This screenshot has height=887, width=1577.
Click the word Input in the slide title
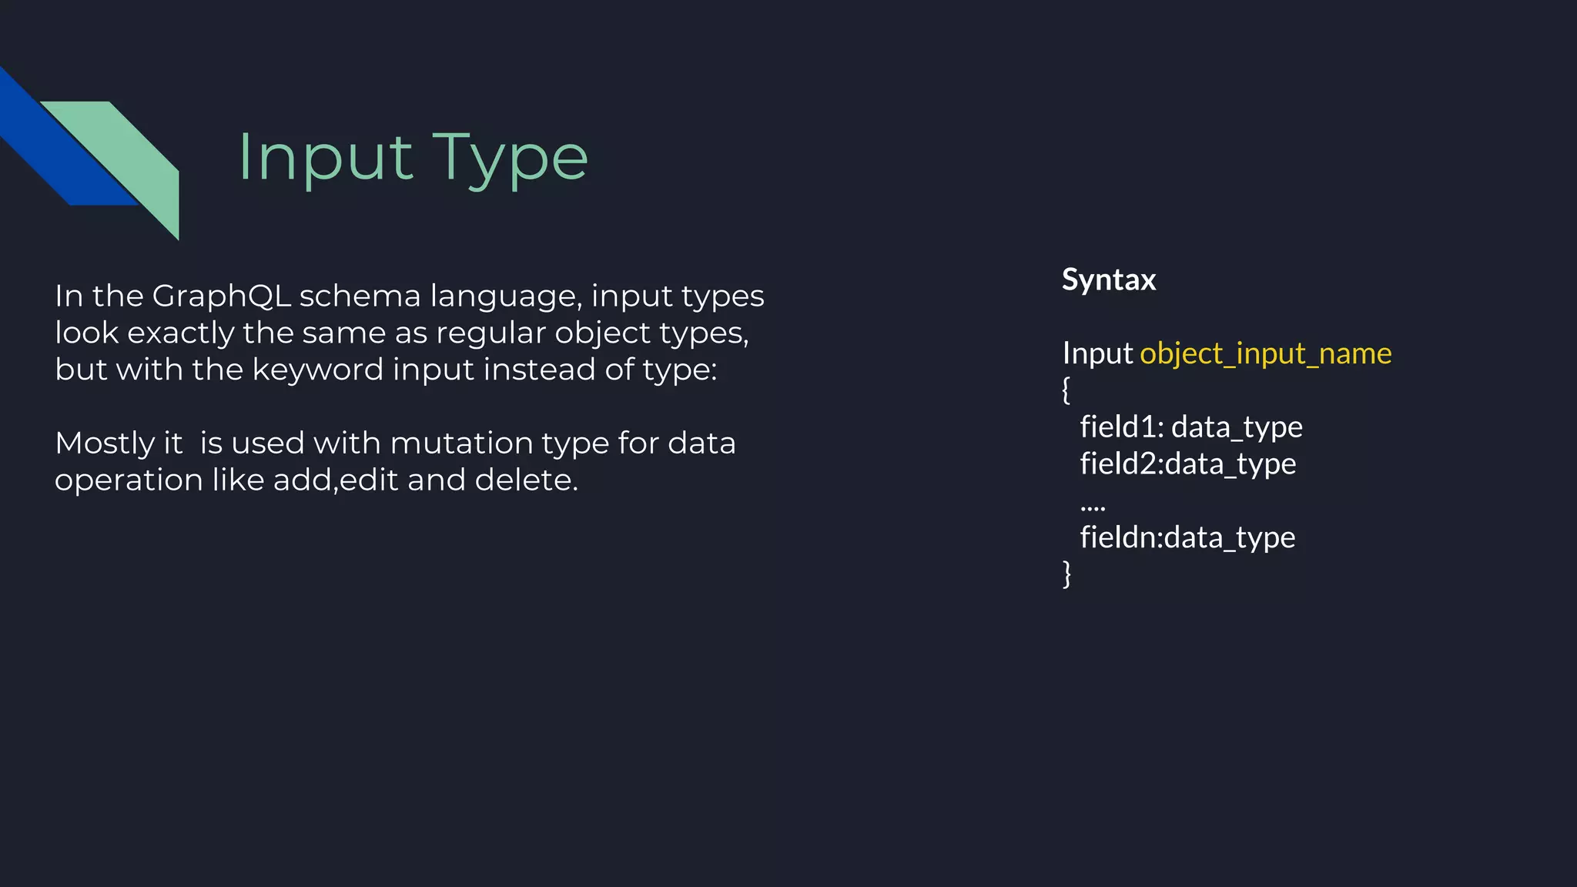click(x=326, y=158)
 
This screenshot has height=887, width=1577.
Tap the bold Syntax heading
click(x=1109, y=279)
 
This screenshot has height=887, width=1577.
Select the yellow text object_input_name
click(x=1265, y=353)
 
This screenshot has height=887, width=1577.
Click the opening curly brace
click(x=1066, y=390)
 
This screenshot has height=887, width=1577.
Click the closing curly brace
click(x=1066, y=574)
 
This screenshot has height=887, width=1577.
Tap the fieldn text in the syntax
click(x=1121, y=537)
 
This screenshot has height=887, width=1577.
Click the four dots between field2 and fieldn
click(x=1093, y=507)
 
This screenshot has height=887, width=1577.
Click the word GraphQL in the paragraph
click(x=222, y=296)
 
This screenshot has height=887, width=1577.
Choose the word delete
click(x=526, y=480)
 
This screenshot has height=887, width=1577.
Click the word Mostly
click(x=105, y=444)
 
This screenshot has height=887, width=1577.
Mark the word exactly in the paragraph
click(x=180, y=333)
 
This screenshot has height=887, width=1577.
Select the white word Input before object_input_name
click(x=1097, y=353)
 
